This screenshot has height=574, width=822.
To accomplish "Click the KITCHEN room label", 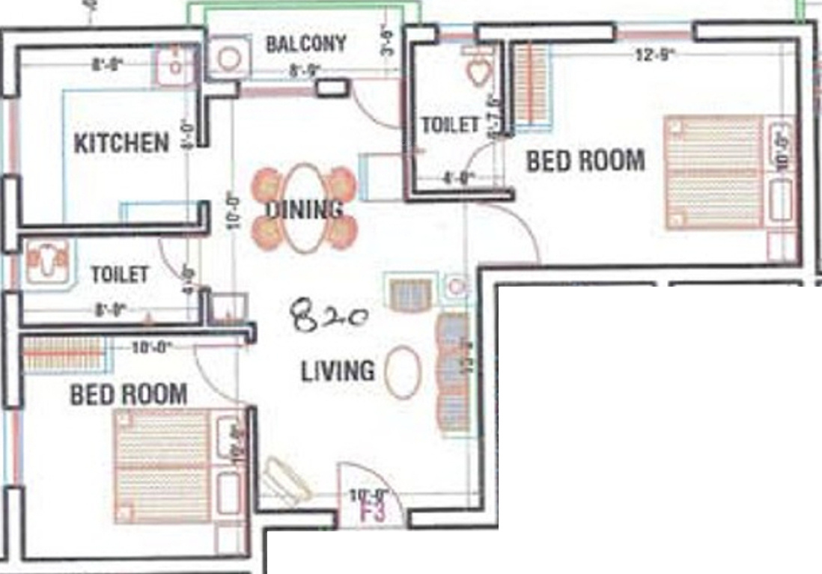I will pos(121,143).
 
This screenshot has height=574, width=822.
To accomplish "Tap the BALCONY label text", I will pos(306,43).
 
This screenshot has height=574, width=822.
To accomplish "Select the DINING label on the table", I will pos(305,209).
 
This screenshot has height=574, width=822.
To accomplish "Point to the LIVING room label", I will pos(338,371).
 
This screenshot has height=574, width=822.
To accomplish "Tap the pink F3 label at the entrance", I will pos(372,513).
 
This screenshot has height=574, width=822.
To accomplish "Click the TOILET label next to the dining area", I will pos(449,125).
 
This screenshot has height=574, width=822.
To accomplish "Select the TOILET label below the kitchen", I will pos(120,275).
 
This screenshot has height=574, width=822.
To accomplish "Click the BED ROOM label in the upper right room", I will pos(585,161).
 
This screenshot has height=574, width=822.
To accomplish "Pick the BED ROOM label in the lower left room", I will pos(128,394).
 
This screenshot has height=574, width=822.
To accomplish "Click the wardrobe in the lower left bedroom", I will pos(64,353).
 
